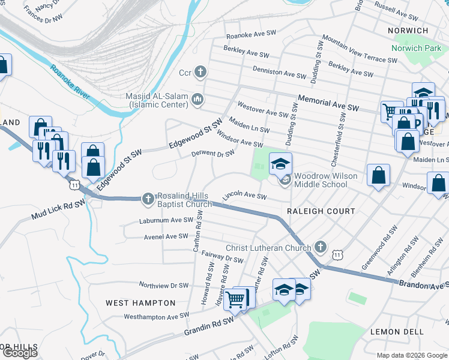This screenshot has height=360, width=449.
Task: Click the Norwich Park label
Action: (416, 47)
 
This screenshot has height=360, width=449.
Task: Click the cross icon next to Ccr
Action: (200, 73)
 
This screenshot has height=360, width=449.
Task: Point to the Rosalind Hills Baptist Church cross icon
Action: (148, 198)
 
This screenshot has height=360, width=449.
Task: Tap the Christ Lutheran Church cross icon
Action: (321, 247)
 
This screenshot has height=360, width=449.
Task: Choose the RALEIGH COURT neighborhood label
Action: (321, 211)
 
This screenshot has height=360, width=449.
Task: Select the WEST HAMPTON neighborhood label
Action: (140, 303)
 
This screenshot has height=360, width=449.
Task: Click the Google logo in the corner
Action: (20, 353)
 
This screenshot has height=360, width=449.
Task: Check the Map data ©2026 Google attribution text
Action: (412, 355)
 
